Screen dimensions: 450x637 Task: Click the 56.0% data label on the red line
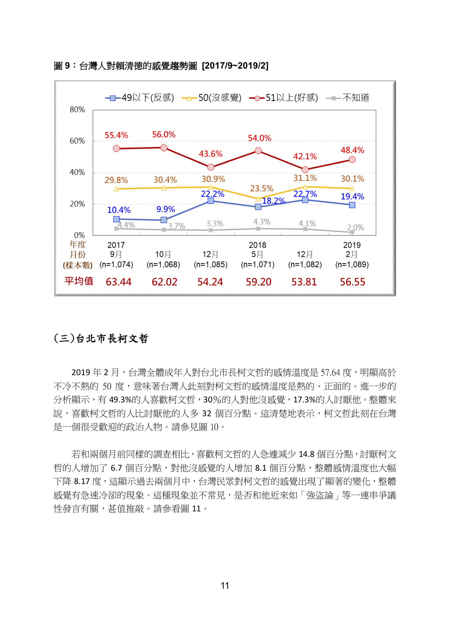coord(164,135)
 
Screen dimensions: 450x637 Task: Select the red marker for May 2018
coord(258,151)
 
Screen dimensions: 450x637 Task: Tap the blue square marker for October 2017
coord(164,220)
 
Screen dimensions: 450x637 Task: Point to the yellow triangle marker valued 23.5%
coord(258,199)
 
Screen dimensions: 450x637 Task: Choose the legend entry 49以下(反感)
coord(140,98)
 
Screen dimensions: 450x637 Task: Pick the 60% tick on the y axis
coord(77,141)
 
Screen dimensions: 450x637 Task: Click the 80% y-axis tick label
coord(77,110)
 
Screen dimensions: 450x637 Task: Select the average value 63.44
coord(119,282)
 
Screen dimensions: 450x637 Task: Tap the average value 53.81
coord(304,282)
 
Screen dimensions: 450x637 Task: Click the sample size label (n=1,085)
coord(211,265)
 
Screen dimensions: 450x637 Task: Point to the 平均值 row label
coord(79,281)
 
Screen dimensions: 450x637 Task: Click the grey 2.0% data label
coord(356,228)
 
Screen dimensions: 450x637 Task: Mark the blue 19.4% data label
coord(352,197)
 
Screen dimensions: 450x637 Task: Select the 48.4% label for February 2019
coord(352,150)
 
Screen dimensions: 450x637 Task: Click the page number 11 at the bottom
coord(225,586)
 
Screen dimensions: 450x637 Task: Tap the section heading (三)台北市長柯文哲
coord(101,338)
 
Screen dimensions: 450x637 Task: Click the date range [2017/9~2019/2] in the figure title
coord(235,66)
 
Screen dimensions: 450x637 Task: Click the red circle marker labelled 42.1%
coord(305,170)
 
